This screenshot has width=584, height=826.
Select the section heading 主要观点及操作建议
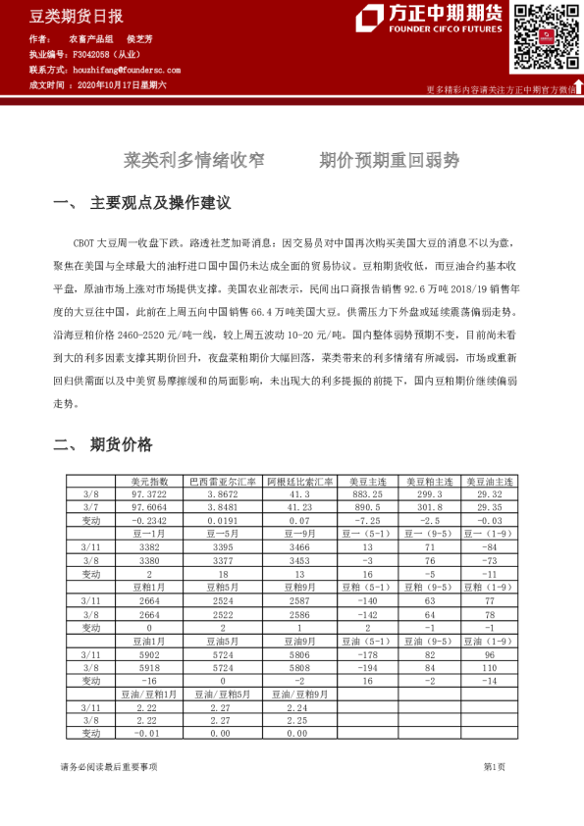[160, 204]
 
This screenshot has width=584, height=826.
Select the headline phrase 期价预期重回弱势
[390, 160]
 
